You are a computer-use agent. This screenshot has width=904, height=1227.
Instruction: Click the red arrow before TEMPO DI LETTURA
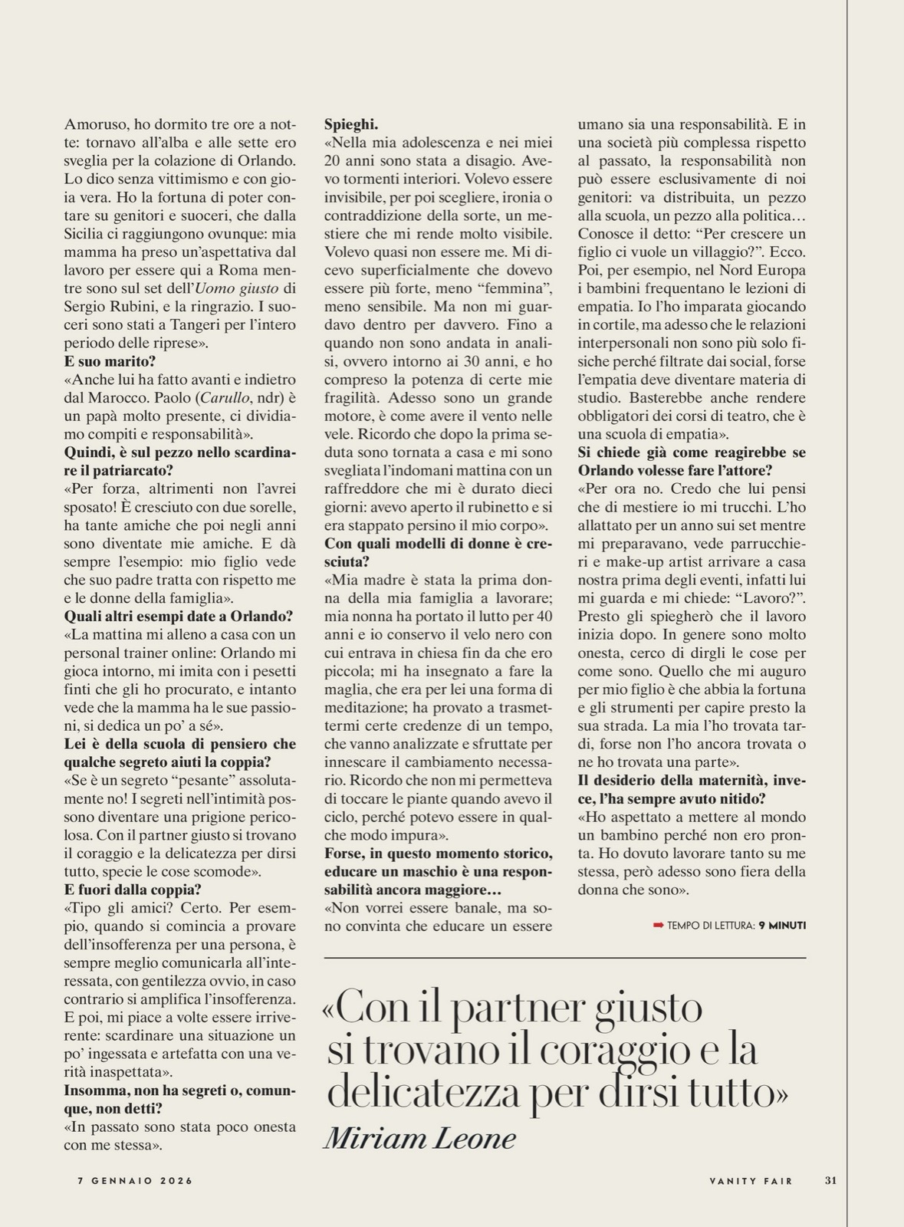658,926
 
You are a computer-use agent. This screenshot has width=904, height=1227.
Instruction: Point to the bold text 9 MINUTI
782,926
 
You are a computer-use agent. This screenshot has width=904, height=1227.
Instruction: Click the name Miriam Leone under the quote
419,1139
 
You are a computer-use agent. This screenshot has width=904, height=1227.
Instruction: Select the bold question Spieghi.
351,124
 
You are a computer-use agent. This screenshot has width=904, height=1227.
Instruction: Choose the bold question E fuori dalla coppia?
133,890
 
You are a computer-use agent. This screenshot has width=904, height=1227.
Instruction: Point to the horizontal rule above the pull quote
565,958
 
